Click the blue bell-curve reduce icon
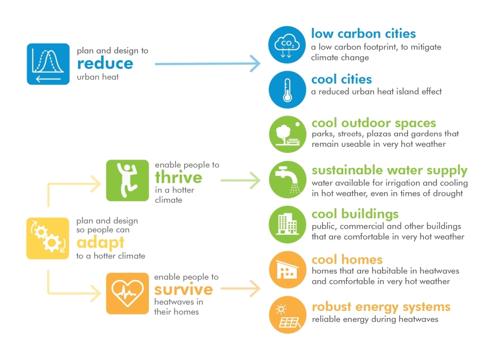(x=48, y=64)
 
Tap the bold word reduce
(x=105, y=64)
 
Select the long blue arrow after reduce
(x=207, y=64)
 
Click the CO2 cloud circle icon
(x=287, y=45)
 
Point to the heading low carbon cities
(x=364, y=34)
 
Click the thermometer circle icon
(x=287, y=89)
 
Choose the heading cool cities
(x=341, y=79)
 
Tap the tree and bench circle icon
(x=287, y=134)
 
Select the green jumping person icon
(x=128, y=181)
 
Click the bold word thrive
(x=179, y=177)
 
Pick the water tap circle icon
(x=287, y=179)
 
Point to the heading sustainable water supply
(x=390, y=170)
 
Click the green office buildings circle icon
(x=287, y=225)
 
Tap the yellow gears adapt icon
(x=48, y=238)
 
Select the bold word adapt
(x=100, y=243)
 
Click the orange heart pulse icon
(x=128, y=293)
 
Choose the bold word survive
(x=184, y=290)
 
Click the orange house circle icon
(x=287, y=270)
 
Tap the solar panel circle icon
(x=287, y=315)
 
